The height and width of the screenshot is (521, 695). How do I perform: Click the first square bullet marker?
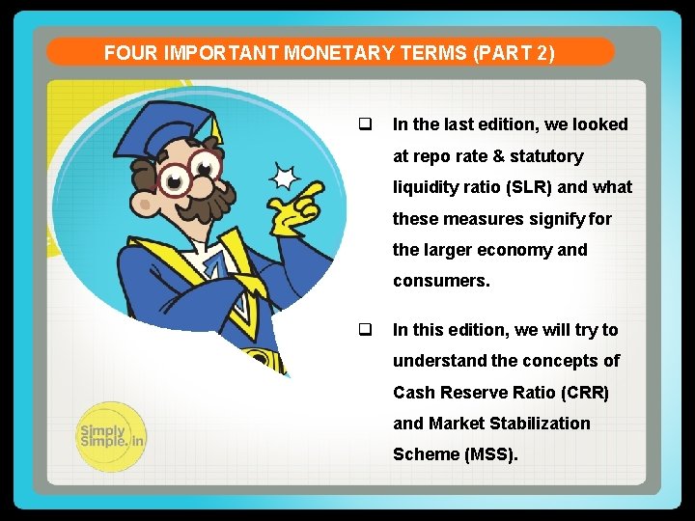pyautogui.click(x=366, y=123)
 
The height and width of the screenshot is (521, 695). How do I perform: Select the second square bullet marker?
pyautogui.click(x=366, y=329)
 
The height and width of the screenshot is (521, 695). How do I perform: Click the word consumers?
pyautogui.click(x=441, y=281)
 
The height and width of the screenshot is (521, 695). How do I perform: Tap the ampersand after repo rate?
pyautogui.click(x=501, y=155)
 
